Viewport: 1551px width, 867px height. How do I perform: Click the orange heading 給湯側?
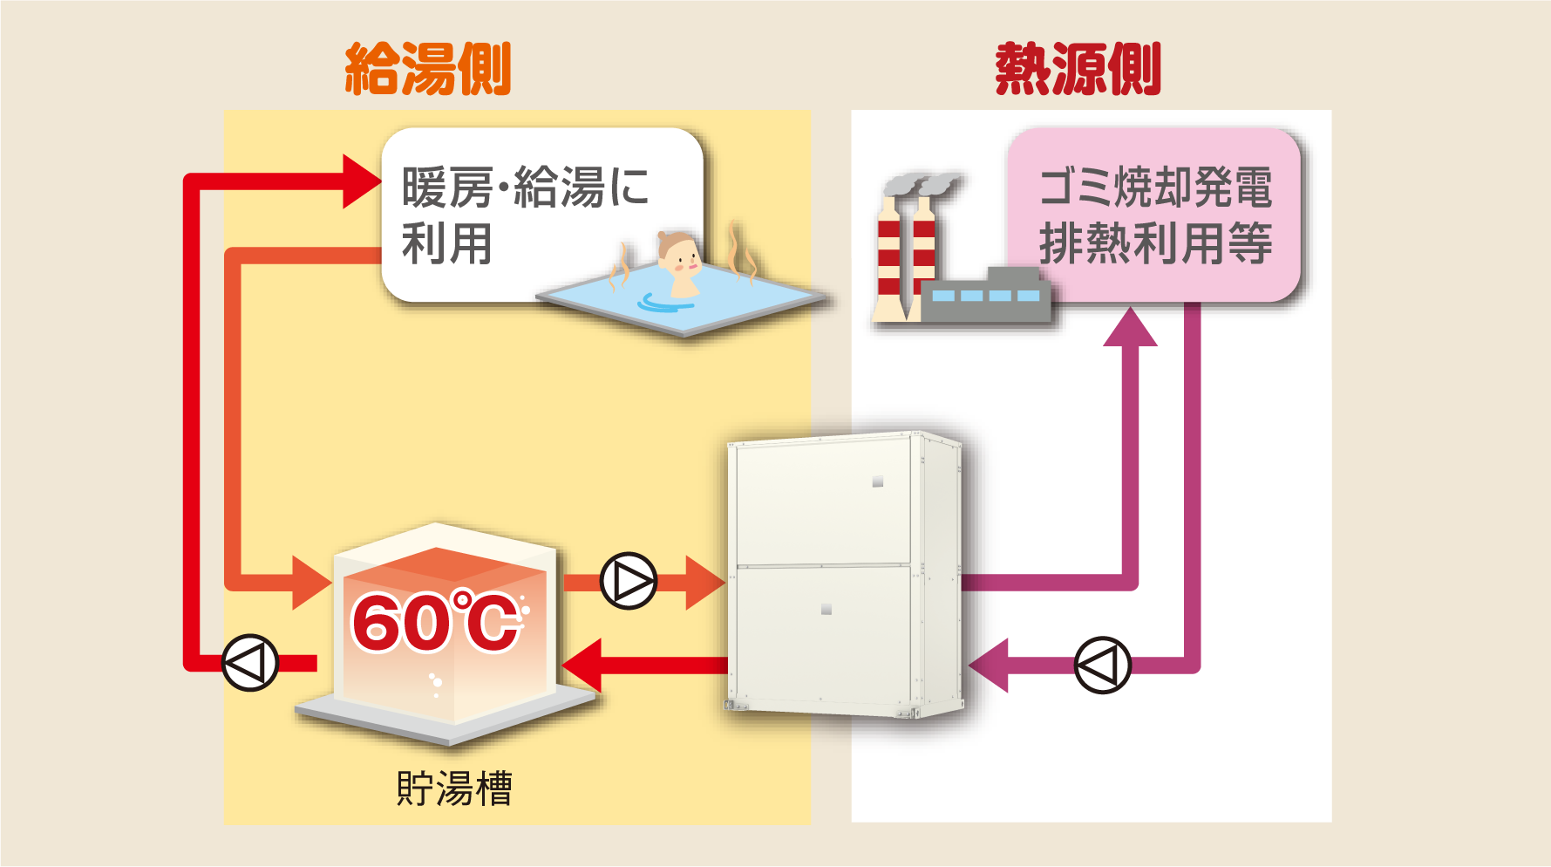(x=427, y=69)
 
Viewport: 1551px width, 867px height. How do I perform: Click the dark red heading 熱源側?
(x=1078, y=69)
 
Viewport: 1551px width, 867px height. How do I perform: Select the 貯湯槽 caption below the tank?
(x=453, y=788)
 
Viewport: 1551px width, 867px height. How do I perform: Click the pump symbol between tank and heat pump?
(x=629, y=581)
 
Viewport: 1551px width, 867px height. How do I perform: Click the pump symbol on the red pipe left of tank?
(x=250, y=663)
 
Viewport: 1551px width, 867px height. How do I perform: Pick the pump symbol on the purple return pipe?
(x=1102, y=666)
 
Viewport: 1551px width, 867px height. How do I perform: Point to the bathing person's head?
(x=677, y=252)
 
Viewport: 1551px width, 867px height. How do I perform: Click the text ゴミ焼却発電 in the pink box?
(x=1155, y=188)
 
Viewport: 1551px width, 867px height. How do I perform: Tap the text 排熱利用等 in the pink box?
(x=1155, y=243)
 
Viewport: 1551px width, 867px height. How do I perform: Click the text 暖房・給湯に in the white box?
(x=525, y=188)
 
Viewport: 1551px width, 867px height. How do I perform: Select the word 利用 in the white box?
(x=446, y=243)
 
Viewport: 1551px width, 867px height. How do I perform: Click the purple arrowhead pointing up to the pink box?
(x=1130, y=329)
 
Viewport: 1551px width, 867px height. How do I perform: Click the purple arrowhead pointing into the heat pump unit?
(x=990, y=666)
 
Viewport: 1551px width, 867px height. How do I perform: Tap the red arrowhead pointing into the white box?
(x=361, y=181)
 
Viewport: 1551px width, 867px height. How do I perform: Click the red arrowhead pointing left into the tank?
(x=583, y=666)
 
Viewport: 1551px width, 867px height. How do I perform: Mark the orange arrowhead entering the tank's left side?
(x=310, y=582)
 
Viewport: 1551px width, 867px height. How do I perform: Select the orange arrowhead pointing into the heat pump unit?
(x=704, y=582)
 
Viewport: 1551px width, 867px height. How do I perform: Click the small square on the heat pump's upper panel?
(x=878, y=481)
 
